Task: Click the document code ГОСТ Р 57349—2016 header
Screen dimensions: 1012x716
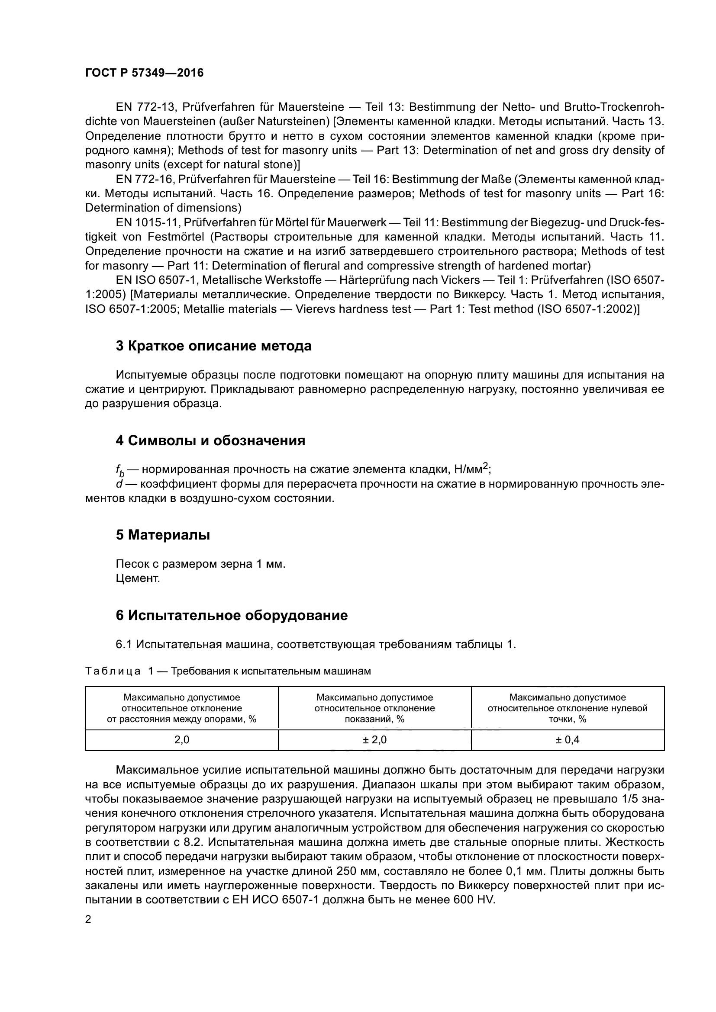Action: [x=144, y=73]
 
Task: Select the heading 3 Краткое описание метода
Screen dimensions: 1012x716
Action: [x=213, y=346]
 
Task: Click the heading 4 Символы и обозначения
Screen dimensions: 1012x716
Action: [x=210, y=441]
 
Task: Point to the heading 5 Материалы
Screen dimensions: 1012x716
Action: [x=163, y=535]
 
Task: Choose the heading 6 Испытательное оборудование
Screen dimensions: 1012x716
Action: [x=232, y=615]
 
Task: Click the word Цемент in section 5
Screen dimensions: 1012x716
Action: [x=138, y=578]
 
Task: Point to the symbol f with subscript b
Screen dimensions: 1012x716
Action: [x=120, y=471]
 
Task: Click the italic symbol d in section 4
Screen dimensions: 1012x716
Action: [x=119, y=485]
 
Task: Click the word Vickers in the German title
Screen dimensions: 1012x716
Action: [x=459, y=280]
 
